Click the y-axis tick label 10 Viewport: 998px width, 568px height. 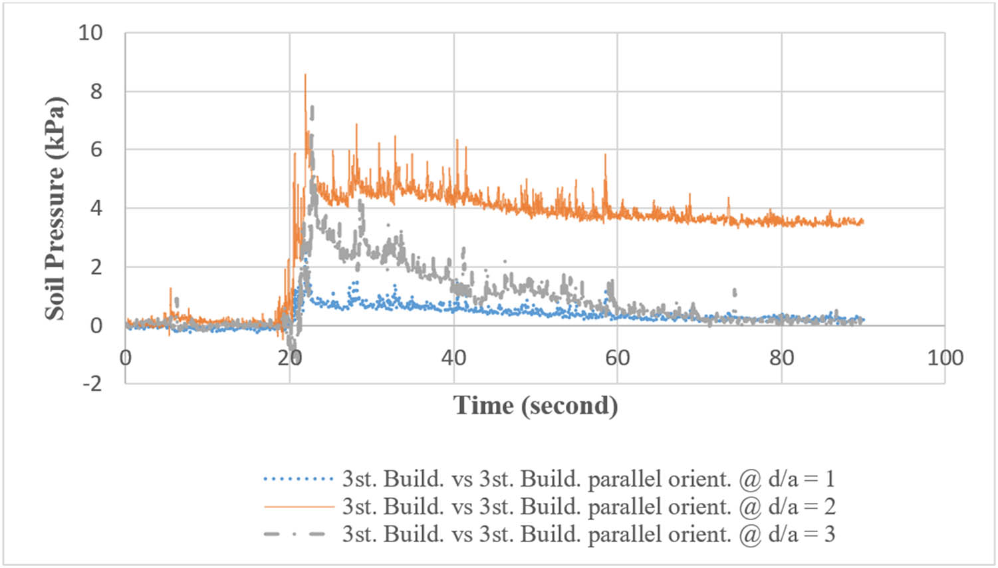coord(90,33)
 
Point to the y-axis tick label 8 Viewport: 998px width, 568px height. coord(96,91)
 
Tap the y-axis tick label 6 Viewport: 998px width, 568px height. coord(96,150)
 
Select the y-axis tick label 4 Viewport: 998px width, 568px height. coord(96,208)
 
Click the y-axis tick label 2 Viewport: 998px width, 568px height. coord(96,267)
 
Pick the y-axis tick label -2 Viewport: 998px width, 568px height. coord(92,383)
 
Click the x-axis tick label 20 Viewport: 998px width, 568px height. coord(289,358)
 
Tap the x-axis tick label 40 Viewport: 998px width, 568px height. coord(453,358)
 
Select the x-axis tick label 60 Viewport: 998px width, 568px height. coord(617,358)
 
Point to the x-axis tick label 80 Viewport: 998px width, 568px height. coord(781,358)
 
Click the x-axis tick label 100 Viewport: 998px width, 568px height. coord(945,358)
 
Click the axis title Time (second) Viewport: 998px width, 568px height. coord(535,405)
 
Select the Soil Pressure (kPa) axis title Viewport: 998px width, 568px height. coord(55,208)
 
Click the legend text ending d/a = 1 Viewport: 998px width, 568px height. coord(588,479)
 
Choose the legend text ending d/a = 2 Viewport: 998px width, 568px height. coord(588,507)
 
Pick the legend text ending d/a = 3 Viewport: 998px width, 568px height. coord(588,534)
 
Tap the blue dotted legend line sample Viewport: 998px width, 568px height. coord(299,479)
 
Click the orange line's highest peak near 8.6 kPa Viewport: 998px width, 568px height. coord(305,75)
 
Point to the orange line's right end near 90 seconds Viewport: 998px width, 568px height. coord(862,221)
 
